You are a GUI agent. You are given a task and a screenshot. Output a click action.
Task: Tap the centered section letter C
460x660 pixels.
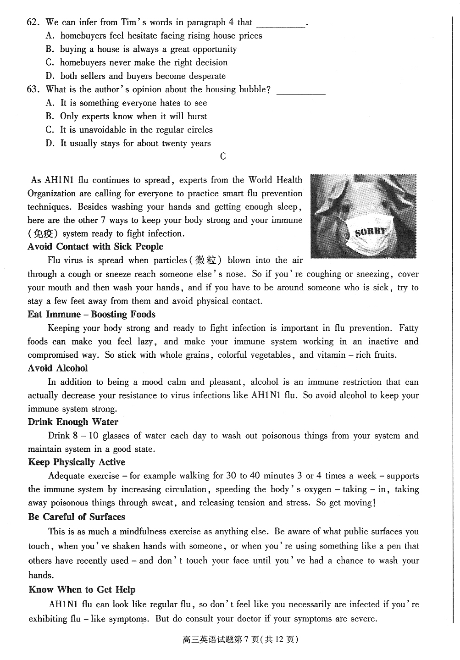pos(223,157)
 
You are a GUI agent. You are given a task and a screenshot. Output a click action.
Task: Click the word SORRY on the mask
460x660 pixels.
pos(371,231)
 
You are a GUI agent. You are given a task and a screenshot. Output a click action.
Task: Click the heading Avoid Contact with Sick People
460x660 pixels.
pos(95,247)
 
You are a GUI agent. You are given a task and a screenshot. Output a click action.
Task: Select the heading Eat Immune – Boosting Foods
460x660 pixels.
pos(91,315)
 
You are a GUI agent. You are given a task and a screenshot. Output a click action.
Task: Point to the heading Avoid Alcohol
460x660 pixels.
pos(57,368)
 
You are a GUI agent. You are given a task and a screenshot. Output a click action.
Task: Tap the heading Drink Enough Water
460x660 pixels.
pos(73,422)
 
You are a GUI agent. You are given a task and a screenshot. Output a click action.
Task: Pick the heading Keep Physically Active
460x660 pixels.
pos(76,462)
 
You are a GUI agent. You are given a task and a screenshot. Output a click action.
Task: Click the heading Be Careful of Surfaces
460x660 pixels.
pos(76,517)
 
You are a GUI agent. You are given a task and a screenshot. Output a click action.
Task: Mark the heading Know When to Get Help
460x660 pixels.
pos(82,590)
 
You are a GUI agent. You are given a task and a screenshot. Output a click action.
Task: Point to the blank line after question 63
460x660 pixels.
pos(301,94)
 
